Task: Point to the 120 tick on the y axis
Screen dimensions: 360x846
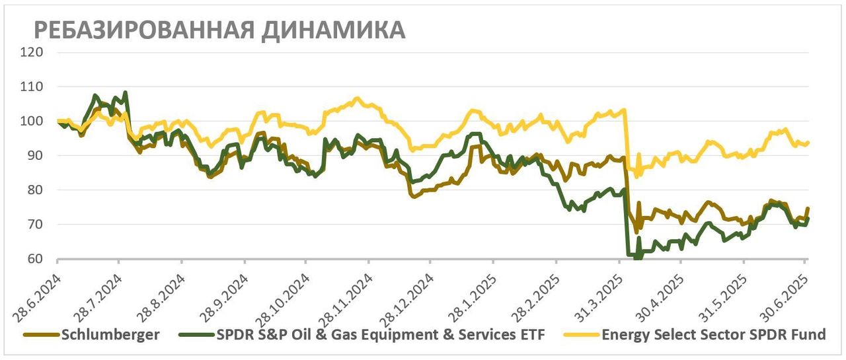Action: click(32, 52)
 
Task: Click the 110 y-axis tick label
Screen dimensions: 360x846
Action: click(32, 87)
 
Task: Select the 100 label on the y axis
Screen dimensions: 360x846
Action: click(32, 121)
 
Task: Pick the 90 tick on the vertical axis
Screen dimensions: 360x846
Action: click(34, 155)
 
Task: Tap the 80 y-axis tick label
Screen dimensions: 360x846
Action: click(34, 190)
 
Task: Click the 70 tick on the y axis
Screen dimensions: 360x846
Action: click(34, 225)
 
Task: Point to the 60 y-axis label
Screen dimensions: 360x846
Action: click(34, 259)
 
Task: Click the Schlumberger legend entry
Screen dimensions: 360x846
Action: click(110, 335)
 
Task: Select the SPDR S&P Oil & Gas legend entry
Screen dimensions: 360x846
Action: click(380, 335)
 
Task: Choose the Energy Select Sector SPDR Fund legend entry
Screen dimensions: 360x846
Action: click(714, 335)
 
